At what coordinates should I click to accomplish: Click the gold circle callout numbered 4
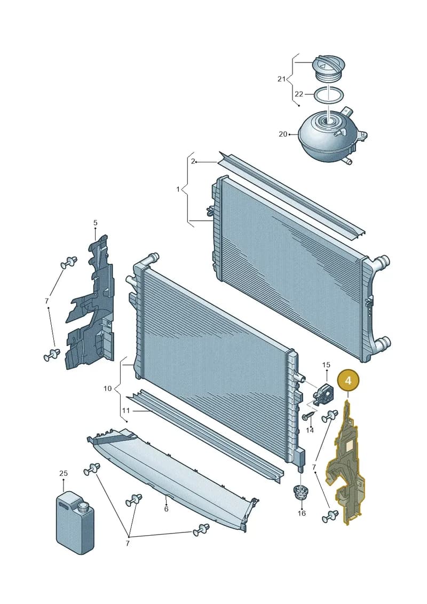point(348,381)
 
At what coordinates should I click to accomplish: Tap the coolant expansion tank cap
point(328,69)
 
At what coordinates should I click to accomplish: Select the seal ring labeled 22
point(328,95)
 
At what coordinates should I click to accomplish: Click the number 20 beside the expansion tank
point(283,134)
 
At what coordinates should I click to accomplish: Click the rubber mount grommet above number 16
point(299,492)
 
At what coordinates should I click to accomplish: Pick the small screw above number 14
point(309,415)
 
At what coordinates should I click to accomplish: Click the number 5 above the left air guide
point(96,223)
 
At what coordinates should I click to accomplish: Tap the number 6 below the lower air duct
point(166,509)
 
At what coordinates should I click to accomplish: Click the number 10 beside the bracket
point(107,388)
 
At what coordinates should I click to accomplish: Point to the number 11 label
point(126,411)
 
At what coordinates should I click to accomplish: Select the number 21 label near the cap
point(281,79)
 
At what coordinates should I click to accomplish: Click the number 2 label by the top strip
point(193,161)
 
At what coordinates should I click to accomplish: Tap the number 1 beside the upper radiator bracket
point(178,189)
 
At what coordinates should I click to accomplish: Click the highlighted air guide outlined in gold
point(345,462)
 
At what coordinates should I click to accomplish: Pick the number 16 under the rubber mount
point(302,513)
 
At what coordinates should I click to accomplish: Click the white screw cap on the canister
point(82,507)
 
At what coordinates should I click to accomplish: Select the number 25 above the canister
point(64,473)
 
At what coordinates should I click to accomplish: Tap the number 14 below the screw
point(310,430)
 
